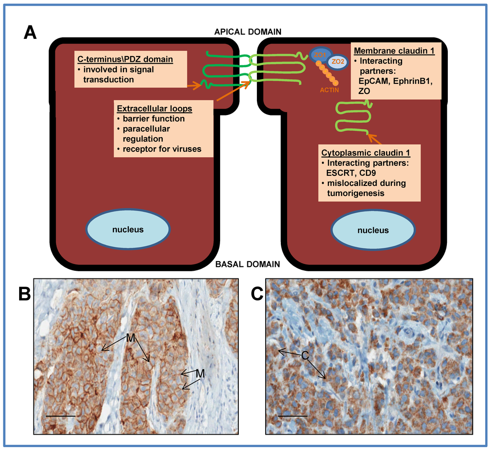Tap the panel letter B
pyautogui.click(x=25, y=294)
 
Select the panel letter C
pyautogui.click(x=257, y=294)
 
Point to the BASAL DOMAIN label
pyautogui.click(x=248, y=264)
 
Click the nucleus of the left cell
pyautogui.click(x=128, y=230)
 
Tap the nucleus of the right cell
pyautogui.click(x=373, y=230)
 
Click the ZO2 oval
pyautogui.click(x=338, y=61)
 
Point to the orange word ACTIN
pyautogui.click(x=330, y=89)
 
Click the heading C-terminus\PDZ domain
pyautogui.click(x=125, y=59)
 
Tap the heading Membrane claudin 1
pyautogui.click(x=394, y=50)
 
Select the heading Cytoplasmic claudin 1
pyautogui.click(x=369, y=153)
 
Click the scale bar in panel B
pyautogui.click(x=61, y=416)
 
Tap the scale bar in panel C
pyautogui.click(x=292, y=416)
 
